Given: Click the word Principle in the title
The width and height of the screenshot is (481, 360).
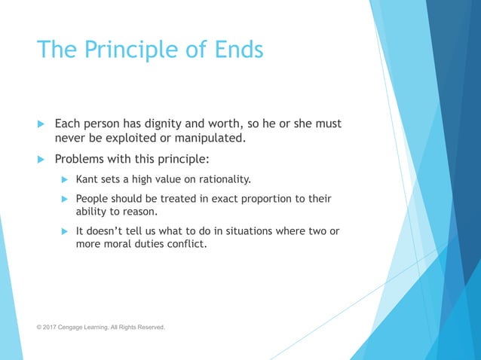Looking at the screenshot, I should (x=133, y=50).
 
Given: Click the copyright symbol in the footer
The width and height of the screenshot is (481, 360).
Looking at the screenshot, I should (x=39, y=327).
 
